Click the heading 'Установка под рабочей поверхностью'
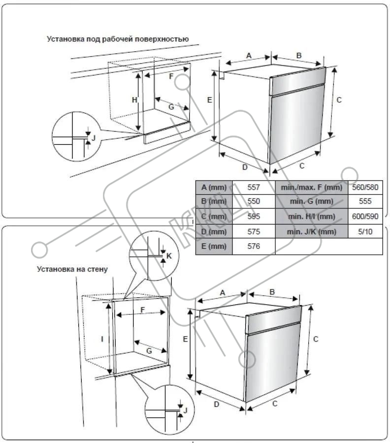tap(118, 38)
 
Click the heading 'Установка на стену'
tap(72, 269)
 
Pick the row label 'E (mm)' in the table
tap(214, 246)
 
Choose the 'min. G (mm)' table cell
tap(311, 202)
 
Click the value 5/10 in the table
tap(365, 231)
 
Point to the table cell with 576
tap(254, 246)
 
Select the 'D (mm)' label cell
tap(214, 231)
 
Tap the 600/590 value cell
tap(365, 216)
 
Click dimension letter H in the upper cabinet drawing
tap(134, 100)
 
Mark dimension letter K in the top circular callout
tap(168, 256)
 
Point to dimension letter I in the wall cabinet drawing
tap(102, 339)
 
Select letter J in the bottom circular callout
tap(185, 410)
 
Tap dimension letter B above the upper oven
tap(298, 56)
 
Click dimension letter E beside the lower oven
tap(185, 339)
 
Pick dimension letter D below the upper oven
tap(244, 167)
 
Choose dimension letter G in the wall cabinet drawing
tap(149, 350)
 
